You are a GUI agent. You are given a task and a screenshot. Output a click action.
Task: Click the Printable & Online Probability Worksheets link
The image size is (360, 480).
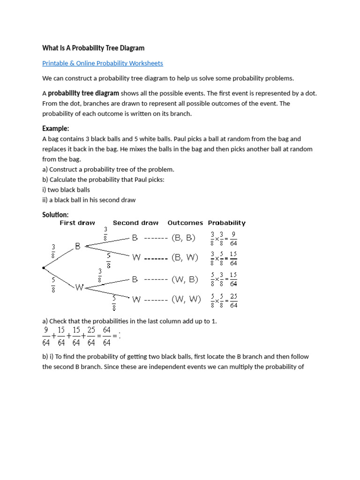pyautogui.click(x=103, y=63)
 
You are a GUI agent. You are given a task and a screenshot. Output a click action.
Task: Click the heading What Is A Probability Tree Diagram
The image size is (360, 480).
pyautogui.click(x=93, y=48)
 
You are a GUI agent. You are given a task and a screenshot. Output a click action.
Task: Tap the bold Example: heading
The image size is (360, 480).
pyautogui.click(x=55, y=128)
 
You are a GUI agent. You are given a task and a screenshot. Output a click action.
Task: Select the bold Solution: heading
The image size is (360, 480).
pyautogui.click(x=55, y=214)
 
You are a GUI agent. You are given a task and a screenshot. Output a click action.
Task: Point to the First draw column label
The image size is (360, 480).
pyautogui.click(x=77, y=223)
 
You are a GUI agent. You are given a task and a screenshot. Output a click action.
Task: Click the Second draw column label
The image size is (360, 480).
pyautogui.click(x=135, y=223)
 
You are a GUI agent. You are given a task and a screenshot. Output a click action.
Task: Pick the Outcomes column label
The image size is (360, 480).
pyautogui.click(x=185, y=223)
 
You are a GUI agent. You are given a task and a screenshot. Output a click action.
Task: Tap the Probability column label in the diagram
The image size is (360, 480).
pyautogui.click(x=226, y=223)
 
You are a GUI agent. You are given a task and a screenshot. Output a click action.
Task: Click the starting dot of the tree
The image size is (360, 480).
pyautogui.click(x=44, y=268)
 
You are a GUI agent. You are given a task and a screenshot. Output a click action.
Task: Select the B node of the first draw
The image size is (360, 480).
pyautogui.click(x=78, y=246)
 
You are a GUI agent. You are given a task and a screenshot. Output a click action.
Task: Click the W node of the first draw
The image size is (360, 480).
pyautogui.click(x=79, y=287)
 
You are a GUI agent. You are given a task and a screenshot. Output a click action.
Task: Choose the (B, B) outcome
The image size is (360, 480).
pyautogui.click(x=184, y=238)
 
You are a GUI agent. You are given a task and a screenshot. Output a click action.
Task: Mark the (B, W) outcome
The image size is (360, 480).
pyautogui.click(x=185, y=257)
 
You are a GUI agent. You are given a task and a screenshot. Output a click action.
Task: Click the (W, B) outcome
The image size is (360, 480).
pyautogui.click(x=185, y=279)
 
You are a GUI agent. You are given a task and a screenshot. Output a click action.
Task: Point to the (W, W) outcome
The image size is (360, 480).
pyautogui.click(x=186, y=299)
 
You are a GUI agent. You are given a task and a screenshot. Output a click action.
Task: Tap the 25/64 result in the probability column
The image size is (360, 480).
pyautogui.click(x=233, y=300)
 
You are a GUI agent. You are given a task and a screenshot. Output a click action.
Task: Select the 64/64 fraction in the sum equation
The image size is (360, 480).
pyautogui.click(x=106, y=337)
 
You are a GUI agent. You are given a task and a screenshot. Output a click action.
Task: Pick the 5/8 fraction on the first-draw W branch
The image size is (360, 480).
pyautogui.click(x=53, y=285)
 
